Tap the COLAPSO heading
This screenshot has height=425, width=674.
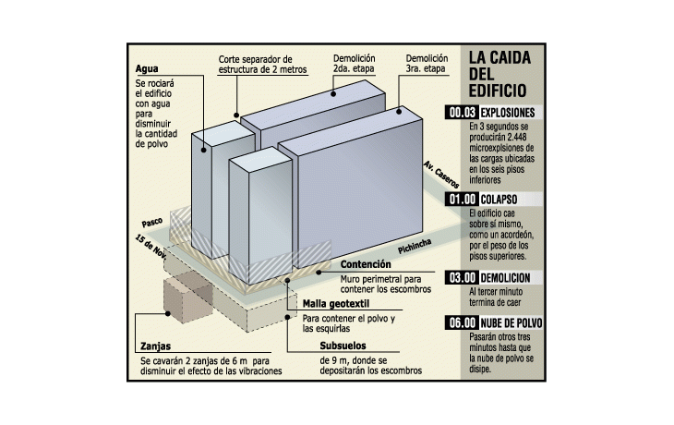pos(499,200)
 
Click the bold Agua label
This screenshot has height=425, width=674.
pos(147,68)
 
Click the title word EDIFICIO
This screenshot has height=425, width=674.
pos(499,91)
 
